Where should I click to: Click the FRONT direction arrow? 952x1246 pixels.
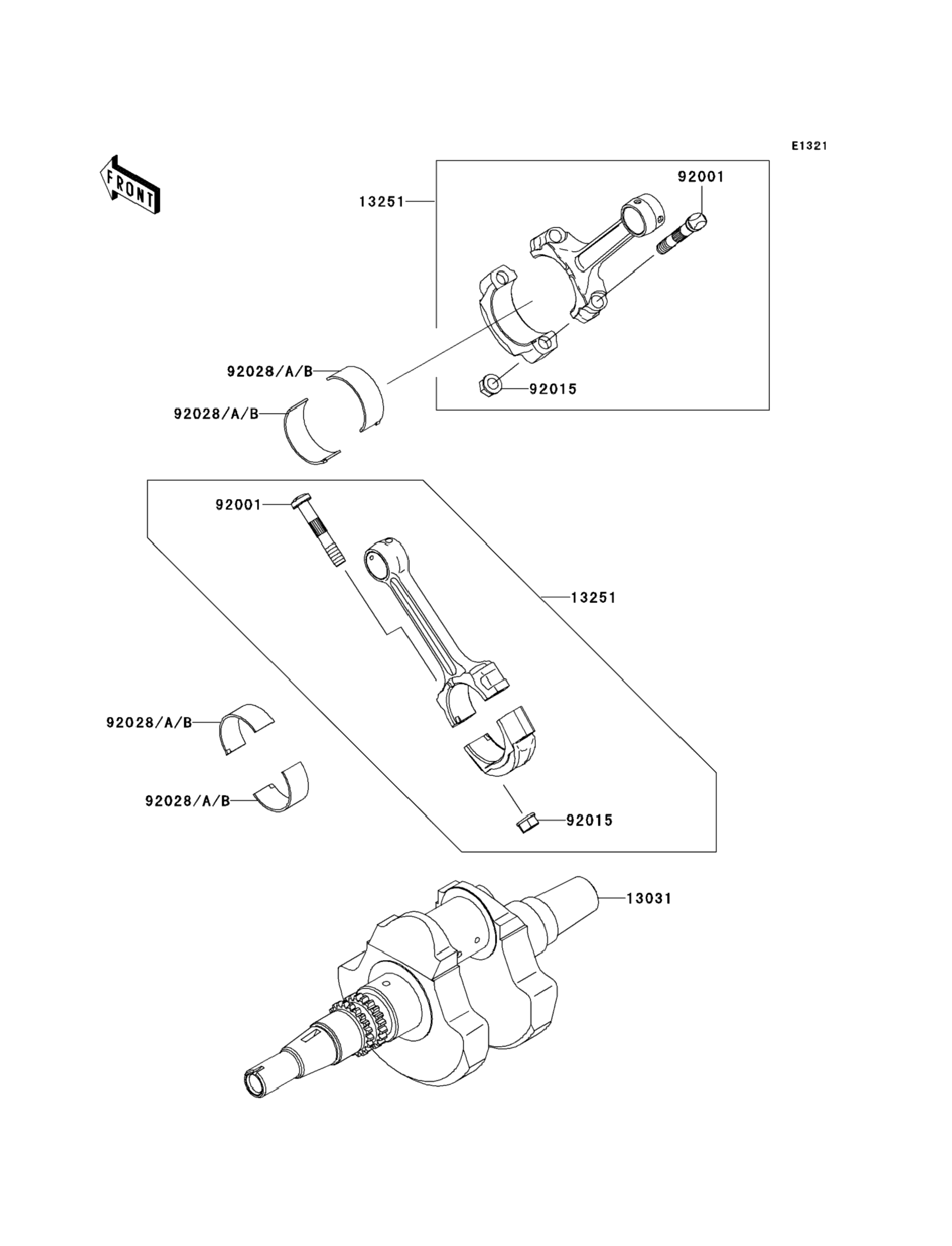[130, 185]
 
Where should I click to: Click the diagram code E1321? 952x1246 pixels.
[810, 146]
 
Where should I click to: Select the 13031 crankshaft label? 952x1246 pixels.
[649, 899]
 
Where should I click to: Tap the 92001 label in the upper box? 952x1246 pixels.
[701, 177]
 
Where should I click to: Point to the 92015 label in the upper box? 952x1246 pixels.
[553, 389]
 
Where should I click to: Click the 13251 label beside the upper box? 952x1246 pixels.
[382, 202]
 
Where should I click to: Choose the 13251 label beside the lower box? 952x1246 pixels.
[593, 598]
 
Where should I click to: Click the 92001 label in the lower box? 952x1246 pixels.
[238, 505]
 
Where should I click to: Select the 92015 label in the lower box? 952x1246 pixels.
[590, 821]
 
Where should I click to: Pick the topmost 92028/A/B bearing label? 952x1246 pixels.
[270, 371]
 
